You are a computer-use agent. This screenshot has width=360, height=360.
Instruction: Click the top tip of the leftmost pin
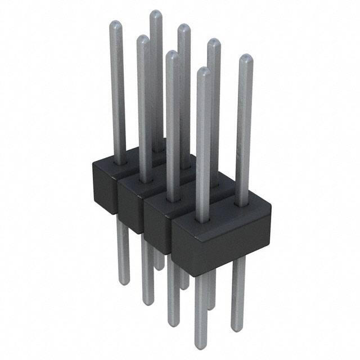pos(115,24)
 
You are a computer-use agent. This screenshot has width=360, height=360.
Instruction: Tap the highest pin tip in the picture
pos(156,13)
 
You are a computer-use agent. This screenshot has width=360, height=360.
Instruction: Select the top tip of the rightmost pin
pos(245,57)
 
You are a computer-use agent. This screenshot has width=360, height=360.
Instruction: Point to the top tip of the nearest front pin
pos(204,70)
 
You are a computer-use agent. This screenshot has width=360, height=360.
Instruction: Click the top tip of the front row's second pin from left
pos(143,38)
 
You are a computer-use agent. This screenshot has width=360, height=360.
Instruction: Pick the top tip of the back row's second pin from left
pos(184,27)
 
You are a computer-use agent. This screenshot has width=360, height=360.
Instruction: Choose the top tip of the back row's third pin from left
pos(214,42)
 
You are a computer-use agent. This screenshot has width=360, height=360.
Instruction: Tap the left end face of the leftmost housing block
pos(105,186)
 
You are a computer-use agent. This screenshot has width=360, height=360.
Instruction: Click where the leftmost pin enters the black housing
pos(119,163)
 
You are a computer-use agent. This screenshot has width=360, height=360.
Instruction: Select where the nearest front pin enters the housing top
pos(203,220)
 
